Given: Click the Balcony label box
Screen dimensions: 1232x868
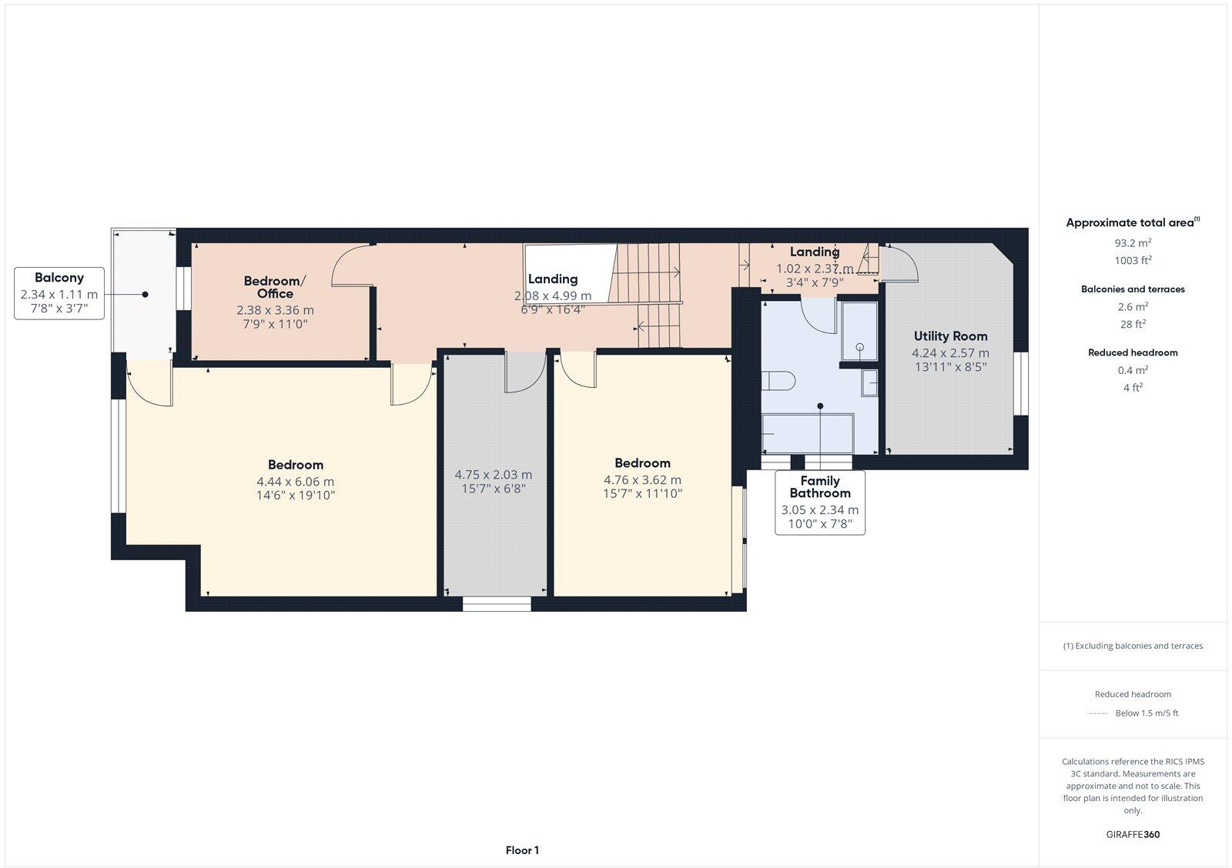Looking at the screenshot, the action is pos(59,293).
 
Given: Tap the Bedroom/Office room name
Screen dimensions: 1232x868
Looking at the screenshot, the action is pos(274,287).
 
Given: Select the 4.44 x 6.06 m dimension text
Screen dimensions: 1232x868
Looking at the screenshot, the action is pos(296,482).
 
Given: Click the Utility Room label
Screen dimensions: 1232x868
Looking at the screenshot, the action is pos(950,336).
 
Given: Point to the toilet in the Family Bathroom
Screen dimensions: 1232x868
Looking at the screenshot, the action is pos(778,380).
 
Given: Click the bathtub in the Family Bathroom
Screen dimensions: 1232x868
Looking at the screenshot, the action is pos(808,434).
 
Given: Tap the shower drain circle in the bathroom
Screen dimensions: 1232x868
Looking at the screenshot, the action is pos(859,347).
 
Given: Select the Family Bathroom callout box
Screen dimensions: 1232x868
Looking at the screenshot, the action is pos(820,502).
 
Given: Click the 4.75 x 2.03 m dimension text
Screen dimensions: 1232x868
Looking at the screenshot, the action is pos(494,475).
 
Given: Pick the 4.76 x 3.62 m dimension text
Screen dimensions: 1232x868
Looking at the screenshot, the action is pos(642,480).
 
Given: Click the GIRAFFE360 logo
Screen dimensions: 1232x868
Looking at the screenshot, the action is pos(1133,834).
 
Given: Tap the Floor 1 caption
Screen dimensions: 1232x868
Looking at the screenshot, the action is pos(522,850).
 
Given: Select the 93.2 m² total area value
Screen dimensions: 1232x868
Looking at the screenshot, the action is pos(1133,242).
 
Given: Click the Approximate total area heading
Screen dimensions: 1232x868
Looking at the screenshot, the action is pos(1133,222).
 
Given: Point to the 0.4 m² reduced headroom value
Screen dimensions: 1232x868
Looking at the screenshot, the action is pos(1133,370).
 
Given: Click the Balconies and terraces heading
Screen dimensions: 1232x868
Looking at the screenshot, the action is pos(1133,289).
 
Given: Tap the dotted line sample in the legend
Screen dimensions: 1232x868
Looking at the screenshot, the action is pos(1098,713).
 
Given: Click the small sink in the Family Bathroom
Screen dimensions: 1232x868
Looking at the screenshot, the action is pos(869,382).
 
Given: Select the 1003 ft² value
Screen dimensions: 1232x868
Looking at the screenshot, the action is pos(1133,260).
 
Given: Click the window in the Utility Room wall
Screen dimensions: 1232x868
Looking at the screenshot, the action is pos(1021,384).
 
